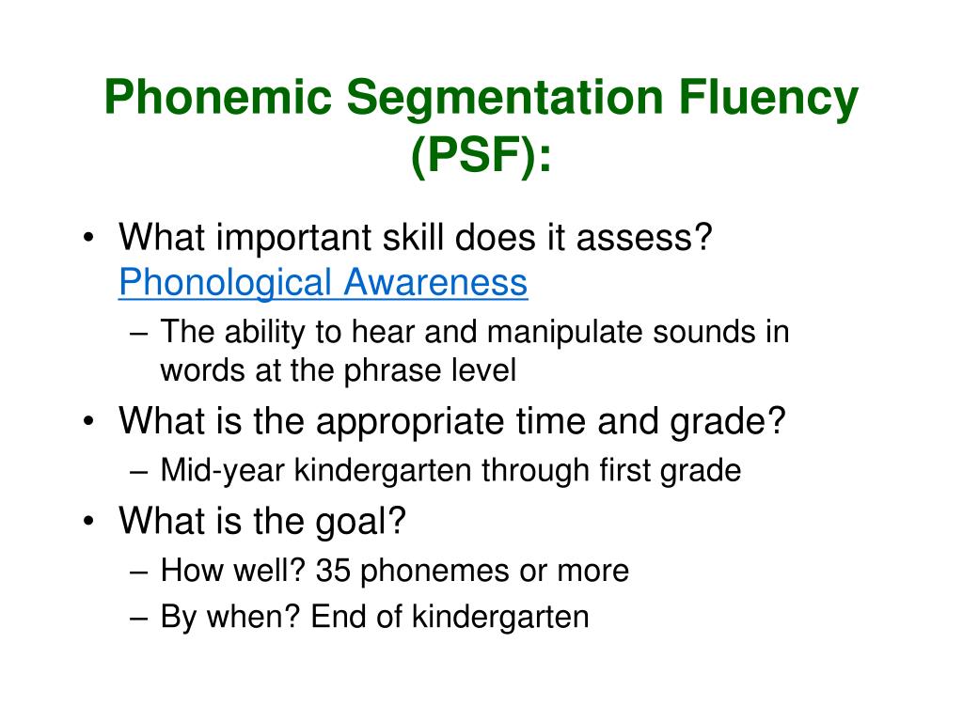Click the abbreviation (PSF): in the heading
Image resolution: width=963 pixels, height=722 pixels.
pos(481,156)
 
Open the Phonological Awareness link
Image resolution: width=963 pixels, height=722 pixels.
pos(323,282)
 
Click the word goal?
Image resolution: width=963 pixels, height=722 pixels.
pos(362,520)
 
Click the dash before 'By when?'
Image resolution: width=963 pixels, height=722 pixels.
pos(140,618)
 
